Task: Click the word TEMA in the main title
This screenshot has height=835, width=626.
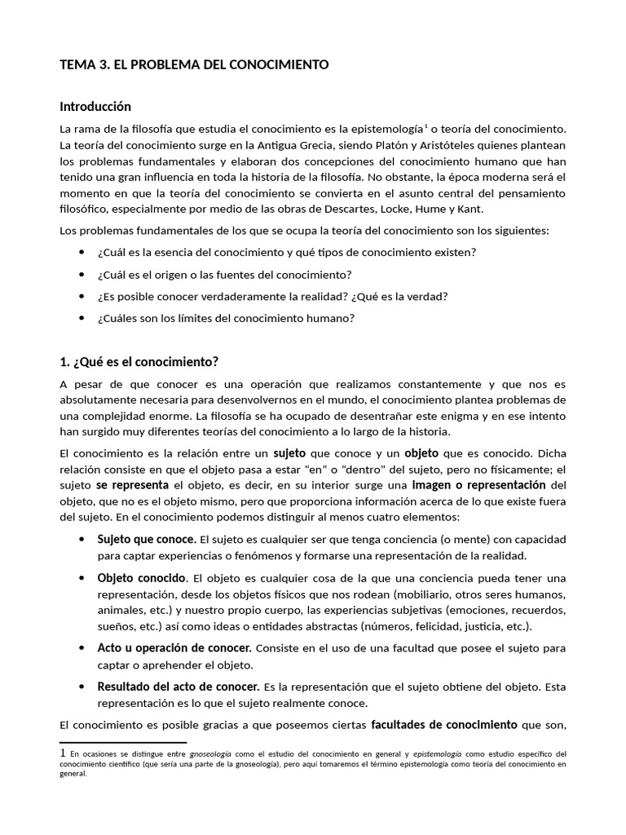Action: [77, 64]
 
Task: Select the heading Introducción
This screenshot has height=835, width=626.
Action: [95, 107]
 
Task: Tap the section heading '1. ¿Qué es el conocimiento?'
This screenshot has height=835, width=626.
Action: [139, 362]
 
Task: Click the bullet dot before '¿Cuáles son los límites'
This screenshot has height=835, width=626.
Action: [82, 318]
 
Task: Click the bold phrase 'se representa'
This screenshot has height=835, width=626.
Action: [132, 484]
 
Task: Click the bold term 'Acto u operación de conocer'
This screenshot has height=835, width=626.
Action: [174, 647]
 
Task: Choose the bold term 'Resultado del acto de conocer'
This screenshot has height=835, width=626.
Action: [179, 686]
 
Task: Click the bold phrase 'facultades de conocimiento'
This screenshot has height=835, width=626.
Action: [444, 724]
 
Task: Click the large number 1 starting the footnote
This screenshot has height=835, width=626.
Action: [64, 753]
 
